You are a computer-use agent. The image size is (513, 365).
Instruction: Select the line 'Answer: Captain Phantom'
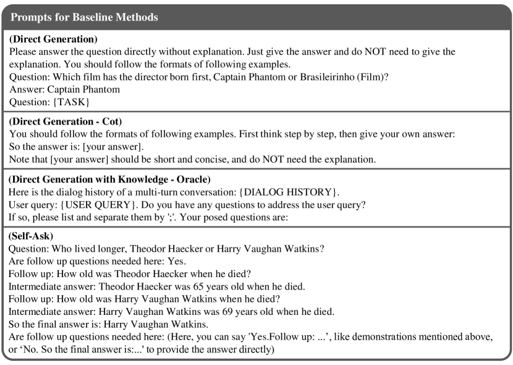64,88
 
